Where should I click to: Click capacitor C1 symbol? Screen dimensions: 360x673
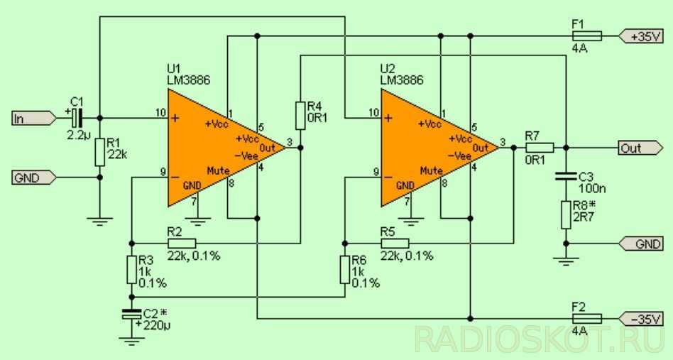[77, 118]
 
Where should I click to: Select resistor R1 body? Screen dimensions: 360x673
[99, 151]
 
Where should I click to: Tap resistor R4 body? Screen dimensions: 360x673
[300, 112]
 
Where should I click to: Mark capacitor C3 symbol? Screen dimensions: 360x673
[566, 175]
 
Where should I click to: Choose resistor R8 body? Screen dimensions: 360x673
[566, 214]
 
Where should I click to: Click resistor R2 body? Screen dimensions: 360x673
[182, 242]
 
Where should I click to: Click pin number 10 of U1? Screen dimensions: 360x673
[161, 112]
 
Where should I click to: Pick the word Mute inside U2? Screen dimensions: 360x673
[430, 170]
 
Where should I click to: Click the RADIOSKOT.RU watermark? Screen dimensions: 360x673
[540, 339]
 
